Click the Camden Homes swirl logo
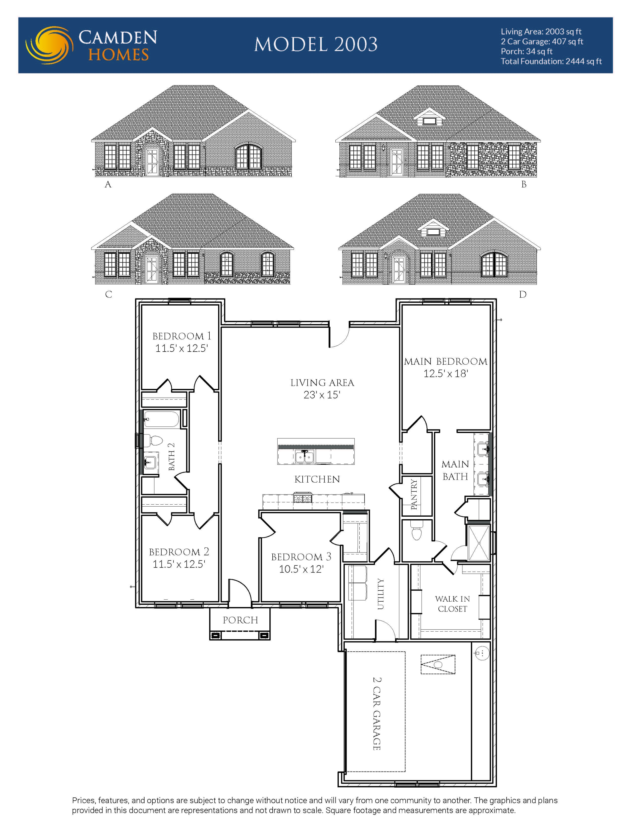(49, 45)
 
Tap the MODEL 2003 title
(316, 44)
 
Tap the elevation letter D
(523, 294)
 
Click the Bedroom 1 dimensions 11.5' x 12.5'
(181, 348)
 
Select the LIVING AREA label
(322, 383)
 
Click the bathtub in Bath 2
(162, 419)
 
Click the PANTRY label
(414, 494)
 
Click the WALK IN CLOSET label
(452, 604)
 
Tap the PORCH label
(240, 620)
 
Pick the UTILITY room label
(380, 594)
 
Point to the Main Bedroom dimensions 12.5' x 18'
(446, 373)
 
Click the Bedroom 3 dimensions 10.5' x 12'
(301, 569)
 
